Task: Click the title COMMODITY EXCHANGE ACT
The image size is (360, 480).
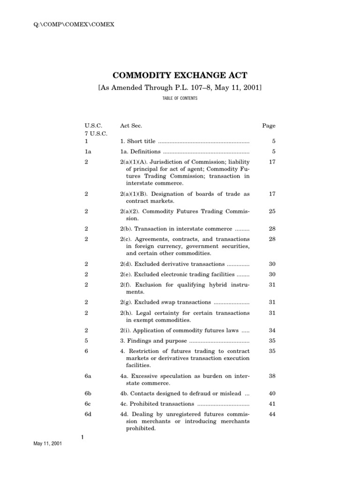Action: (x=180, y=75)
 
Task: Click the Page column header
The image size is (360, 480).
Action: (x=269, y=126)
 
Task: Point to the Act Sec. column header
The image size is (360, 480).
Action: (x=131, y=126)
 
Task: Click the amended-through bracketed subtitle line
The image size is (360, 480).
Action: (x=180, y=88)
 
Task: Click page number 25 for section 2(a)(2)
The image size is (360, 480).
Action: (x=271, y=211)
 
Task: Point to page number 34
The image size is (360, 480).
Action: (x=271, y=330)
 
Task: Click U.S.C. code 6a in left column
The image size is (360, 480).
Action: (x=88, y=375)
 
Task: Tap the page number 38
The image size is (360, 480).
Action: (x=271, y=375)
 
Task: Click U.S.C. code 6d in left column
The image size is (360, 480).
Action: (x=88, y=414)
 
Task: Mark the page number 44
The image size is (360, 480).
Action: (x=271, y=414)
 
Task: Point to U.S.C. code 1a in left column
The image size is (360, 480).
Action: (x=88, y=151)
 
